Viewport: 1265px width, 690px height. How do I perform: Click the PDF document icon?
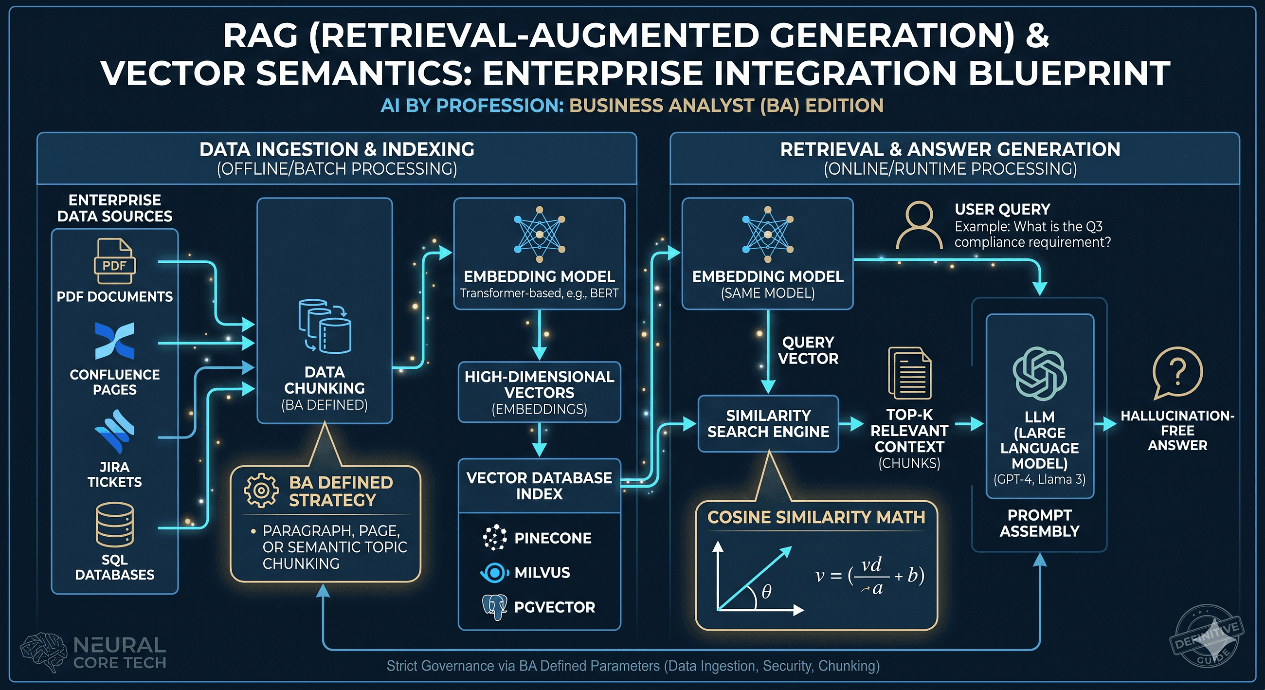(x=114, y=261)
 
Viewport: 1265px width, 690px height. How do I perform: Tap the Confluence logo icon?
(x=114, y=341)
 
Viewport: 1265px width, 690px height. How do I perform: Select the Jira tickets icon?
(x=114, y=432)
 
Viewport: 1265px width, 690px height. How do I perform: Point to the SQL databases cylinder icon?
(x=114, y=525)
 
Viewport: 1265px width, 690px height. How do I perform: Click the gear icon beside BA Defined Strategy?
(x=261, y=490)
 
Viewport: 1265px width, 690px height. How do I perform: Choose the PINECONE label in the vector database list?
(x=552, y=538)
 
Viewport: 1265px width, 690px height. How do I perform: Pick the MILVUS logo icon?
(x=494, y=573)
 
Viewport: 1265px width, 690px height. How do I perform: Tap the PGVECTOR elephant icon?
(x=494, y=607)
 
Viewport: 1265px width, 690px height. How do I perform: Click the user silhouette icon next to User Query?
(x=919, y=225)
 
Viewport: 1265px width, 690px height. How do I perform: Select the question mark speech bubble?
(x=1177, y=372)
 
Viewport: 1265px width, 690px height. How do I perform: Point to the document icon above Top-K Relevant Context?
(x=909, y=373)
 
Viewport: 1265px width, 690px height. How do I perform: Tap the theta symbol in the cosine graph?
(x=767, y=592)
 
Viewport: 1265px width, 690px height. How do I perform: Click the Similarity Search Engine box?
(x=768, y=423)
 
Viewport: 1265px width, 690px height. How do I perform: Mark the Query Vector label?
(x=808, y=350)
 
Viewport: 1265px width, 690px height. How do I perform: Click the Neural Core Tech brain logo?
(x=43, y=652)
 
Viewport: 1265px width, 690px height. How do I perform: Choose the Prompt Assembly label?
(x=1039, y=523)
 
